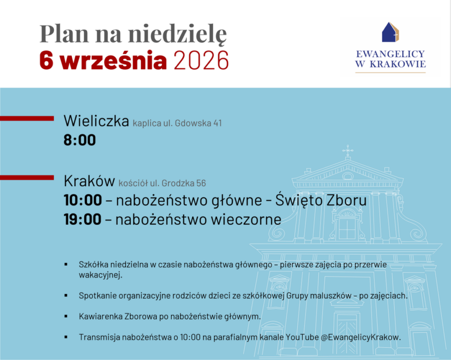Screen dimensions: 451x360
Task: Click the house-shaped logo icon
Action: point(390,32)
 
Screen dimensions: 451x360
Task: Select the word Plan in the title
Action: point(64,33)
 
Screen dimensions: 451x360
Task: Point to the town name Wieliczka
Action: point(96,121)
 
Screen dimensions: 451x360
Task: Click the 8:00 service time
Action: point(80,140)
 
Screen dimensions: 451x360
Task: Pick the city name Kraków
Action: point(89,181)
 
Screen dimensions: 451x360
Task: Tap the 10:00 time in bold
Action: point(83,200)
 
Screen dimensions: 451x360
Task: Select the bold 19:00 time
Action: point(82,219)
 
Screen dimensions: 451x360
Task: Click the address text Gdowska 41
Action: point(198,123)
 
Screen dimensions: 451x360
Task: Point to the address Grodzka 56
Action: point(184,183)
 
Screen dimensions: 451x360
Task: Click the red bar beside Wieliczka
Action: point(27,118)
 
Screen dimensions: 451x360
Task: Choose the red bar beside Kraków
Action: point(27,177)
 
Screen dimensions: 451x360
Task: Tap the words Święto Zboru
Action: point(321,200)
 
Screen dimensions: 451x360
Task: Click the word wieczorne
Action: point(246,220)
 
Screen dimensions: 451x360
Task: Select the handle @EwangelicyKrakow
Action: point(361,337)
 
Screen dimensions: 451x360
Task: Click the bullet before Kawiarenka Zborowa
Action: point(66,316)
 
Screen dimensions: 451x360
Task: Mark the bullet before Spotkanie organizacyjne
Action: point(66,295)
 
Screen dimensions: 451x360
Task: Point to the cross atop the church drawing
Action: point(348,151)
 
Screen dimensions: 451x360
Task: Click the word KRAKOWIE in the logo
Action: point(398,64)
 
